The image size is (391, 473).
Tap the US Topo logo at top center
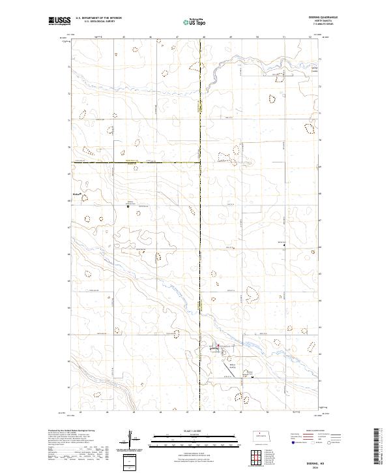pyautogui.click(x=194, y=22)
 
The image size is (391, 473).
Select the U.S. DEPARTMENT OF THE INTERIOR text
pyautogui.click(x=98, y=19)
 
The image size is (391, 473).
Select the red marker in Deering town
pyautogui.click(x=218, y=346)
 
